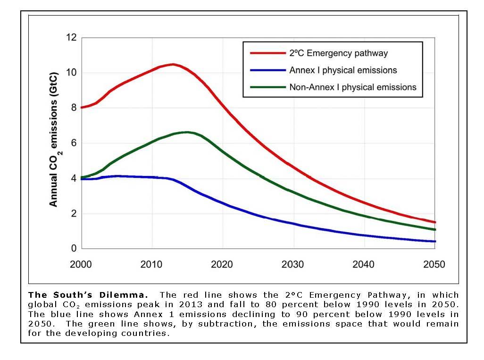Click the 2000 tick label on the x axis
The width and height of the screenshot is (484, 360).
pyautogui.click(x=81, y=264)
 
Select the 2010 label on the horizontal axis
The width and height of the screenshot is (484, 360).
pyautogui.click(x=152, y=264)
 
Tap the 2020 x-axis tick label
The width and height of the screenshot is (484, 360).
pyautogui.click(x=223, y=264)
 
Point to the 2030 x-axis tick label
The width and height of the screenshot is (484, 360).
pyautogui.click(x=293, y=264)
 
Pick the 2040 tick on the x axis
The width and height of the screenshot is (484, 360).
pyautogui.click(x=364, y=264)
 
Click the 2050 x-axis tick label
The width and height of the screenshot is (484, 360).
pyautogui.click(x=434, y=264)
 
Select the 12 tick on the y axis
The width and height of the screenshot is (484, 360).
pyautogui.click(x=71, y=38)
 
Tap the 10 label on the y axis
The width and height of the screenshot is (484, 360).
pyautogui.click(x=71, y=73)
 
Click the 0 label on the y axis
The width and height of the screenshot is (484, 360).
pyautogui.click(x=74, y=249)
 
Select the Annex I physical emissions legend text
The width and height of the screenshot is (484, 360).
pyautogui.click(x=343, y=70)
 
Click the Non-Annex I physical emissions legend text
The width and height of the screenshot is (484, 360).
pyautogui.click(x=353, y=87)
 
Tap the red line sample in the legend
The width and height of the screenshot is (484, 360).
pyautogui.click(x=268, y=53)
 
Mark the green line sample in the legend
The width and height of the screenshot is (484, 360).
pyautogui.click(x=268, y=87)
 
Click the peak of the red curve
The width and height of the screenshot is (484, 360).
pyautogui.click(x=173, y=64)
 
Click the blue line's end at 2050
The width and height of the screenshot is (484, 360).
pyautogui.click(x=434, y=242)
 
